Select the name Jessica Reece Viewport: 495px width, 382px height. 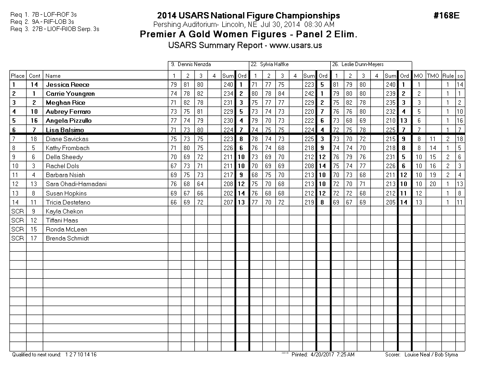pyautogui.click(x=67, y=84)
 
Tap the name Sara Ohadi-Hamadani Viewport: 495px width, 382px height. pyautogui.click(x=76, y=184)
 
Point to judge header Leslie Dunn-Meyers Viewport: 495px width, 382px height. pyautogui.click(x=358, y=65)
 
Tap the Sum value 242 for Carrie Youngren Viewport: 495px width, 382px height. pyautogui.click(x=309, y=93)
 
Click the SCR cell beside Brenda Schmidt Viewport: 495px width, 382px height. pyautogui.click(x=18, y=238)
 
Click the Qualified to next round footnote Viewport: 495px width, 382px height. pyautogui.click(x=54, y=355)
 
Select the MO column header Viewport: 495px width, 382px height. pyautogui.click(x=418, y=76)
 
